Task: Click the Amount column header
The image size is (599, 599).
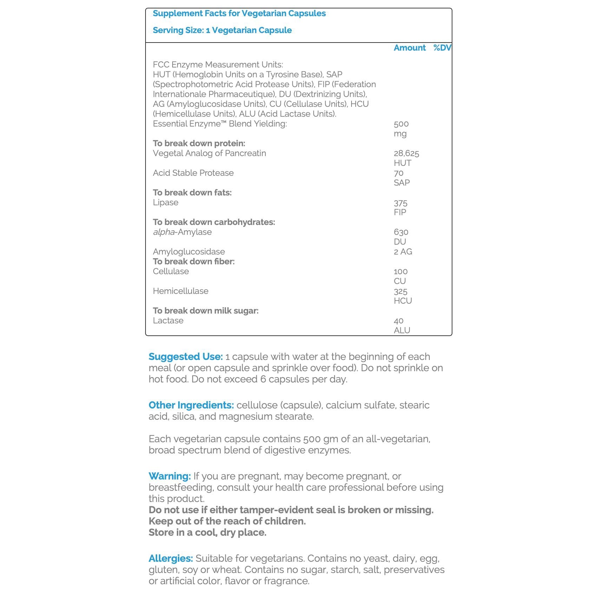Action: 410,48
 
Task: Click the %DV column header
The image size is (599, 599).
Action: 442,48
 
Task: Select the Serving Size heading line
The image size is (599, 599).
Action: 222,30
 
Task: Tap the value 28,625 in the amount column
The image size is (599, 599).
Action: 406,153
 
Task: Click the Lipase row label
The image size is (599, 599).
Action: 166,202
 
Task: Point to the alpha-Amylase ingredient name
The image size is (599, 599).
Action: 182,232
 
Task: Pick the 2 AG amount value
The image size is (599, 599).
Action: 403,252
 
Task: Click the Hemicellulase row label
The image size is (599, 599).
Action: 180,291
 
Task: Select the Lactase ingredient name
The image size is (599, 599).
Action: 168,321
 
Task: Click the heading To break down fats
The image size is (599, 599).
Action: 192,193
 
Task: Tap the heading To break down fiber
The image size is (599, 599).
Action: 194,262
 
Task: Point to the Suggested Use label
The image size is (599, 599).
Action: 186,356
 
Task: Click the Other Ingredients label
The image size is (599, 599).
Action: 191,405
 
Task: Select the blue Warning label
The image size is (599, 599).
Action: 169,476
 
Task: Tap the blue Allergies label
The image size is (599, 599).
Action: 170,558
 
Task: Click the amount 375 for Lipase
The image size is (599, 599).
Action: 400,203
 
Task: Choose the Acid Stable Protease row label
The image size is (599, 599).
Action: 193,173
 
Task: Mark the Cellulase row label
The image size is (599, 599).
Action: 171,271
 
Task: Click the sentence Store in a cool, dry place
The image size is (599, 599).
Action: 207,532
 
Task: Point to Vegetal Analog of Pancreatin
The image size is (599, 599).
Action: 209,153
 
